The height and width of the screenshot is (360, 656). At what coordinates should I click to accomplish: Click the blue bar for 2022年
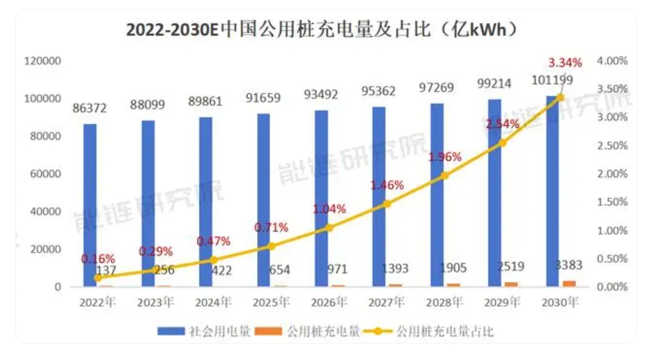click(x=90, y=205)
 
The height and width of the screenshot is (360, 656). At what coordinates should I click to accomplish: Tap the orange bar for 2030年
click(x=569, y=284)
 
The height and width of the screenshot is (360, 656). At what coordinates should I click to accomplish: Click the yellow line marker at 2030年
click(x=560, y=97)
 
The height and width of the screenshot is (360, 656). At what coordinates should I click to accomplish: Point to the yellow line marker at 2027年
click(x=387, y=204)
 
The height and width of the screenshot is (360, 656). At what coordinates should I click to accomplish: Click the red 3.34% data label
click(x=565, y=63)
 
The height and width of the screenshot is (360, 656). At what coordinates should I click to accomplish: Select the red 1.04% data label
click(x=329, y=209)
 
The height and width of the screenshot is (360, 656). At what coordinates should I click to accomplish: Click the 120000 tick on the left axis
click(x=43, y=61)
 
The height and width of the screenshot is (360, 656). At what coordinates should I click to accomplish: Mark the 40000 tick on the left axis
click(x=45, y=211)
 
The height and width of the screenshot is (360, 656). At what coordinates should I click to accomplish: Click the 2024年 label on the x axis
click(x=213, y=303)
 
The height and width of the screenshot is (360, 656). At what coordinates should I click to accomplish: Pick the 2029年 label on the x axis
click(x=502, y=303)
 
